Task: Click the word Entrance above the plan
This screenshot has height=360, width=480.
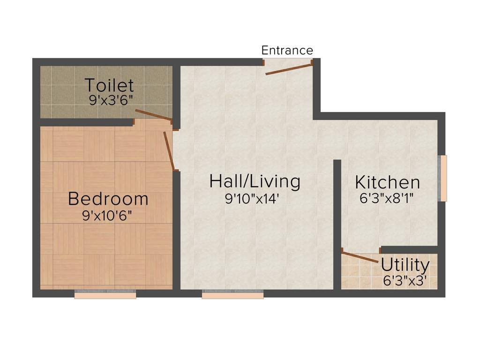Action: click(x=287, y=50)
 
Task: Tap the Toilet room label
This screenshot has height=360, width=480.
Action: click(x=109, y=86)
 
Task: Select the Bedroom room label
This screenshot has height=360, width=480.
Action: click(x=108, y=199)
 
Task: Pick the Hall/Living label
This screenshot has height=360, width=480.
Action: click(x=255, y=181)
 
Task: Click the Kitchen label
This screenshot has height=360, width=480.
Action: click(x=387, y=182)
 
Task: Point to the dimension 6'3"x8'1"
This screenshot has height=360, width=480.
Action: click(x=386, y=198)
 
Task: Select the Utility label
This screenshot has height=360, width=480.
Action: click(x=405, y=265)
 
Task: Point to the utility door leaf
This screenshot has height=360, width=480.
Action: click(x=360, y=257)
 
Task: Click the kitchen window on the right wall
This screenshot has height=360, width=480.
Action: click(x=442, y=178)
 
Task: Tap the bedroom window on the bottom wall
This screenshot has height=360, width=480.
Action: click(x=105, y=294)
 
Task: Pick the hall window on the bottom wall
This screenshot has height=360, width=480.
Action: click(x=232, y=294)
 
